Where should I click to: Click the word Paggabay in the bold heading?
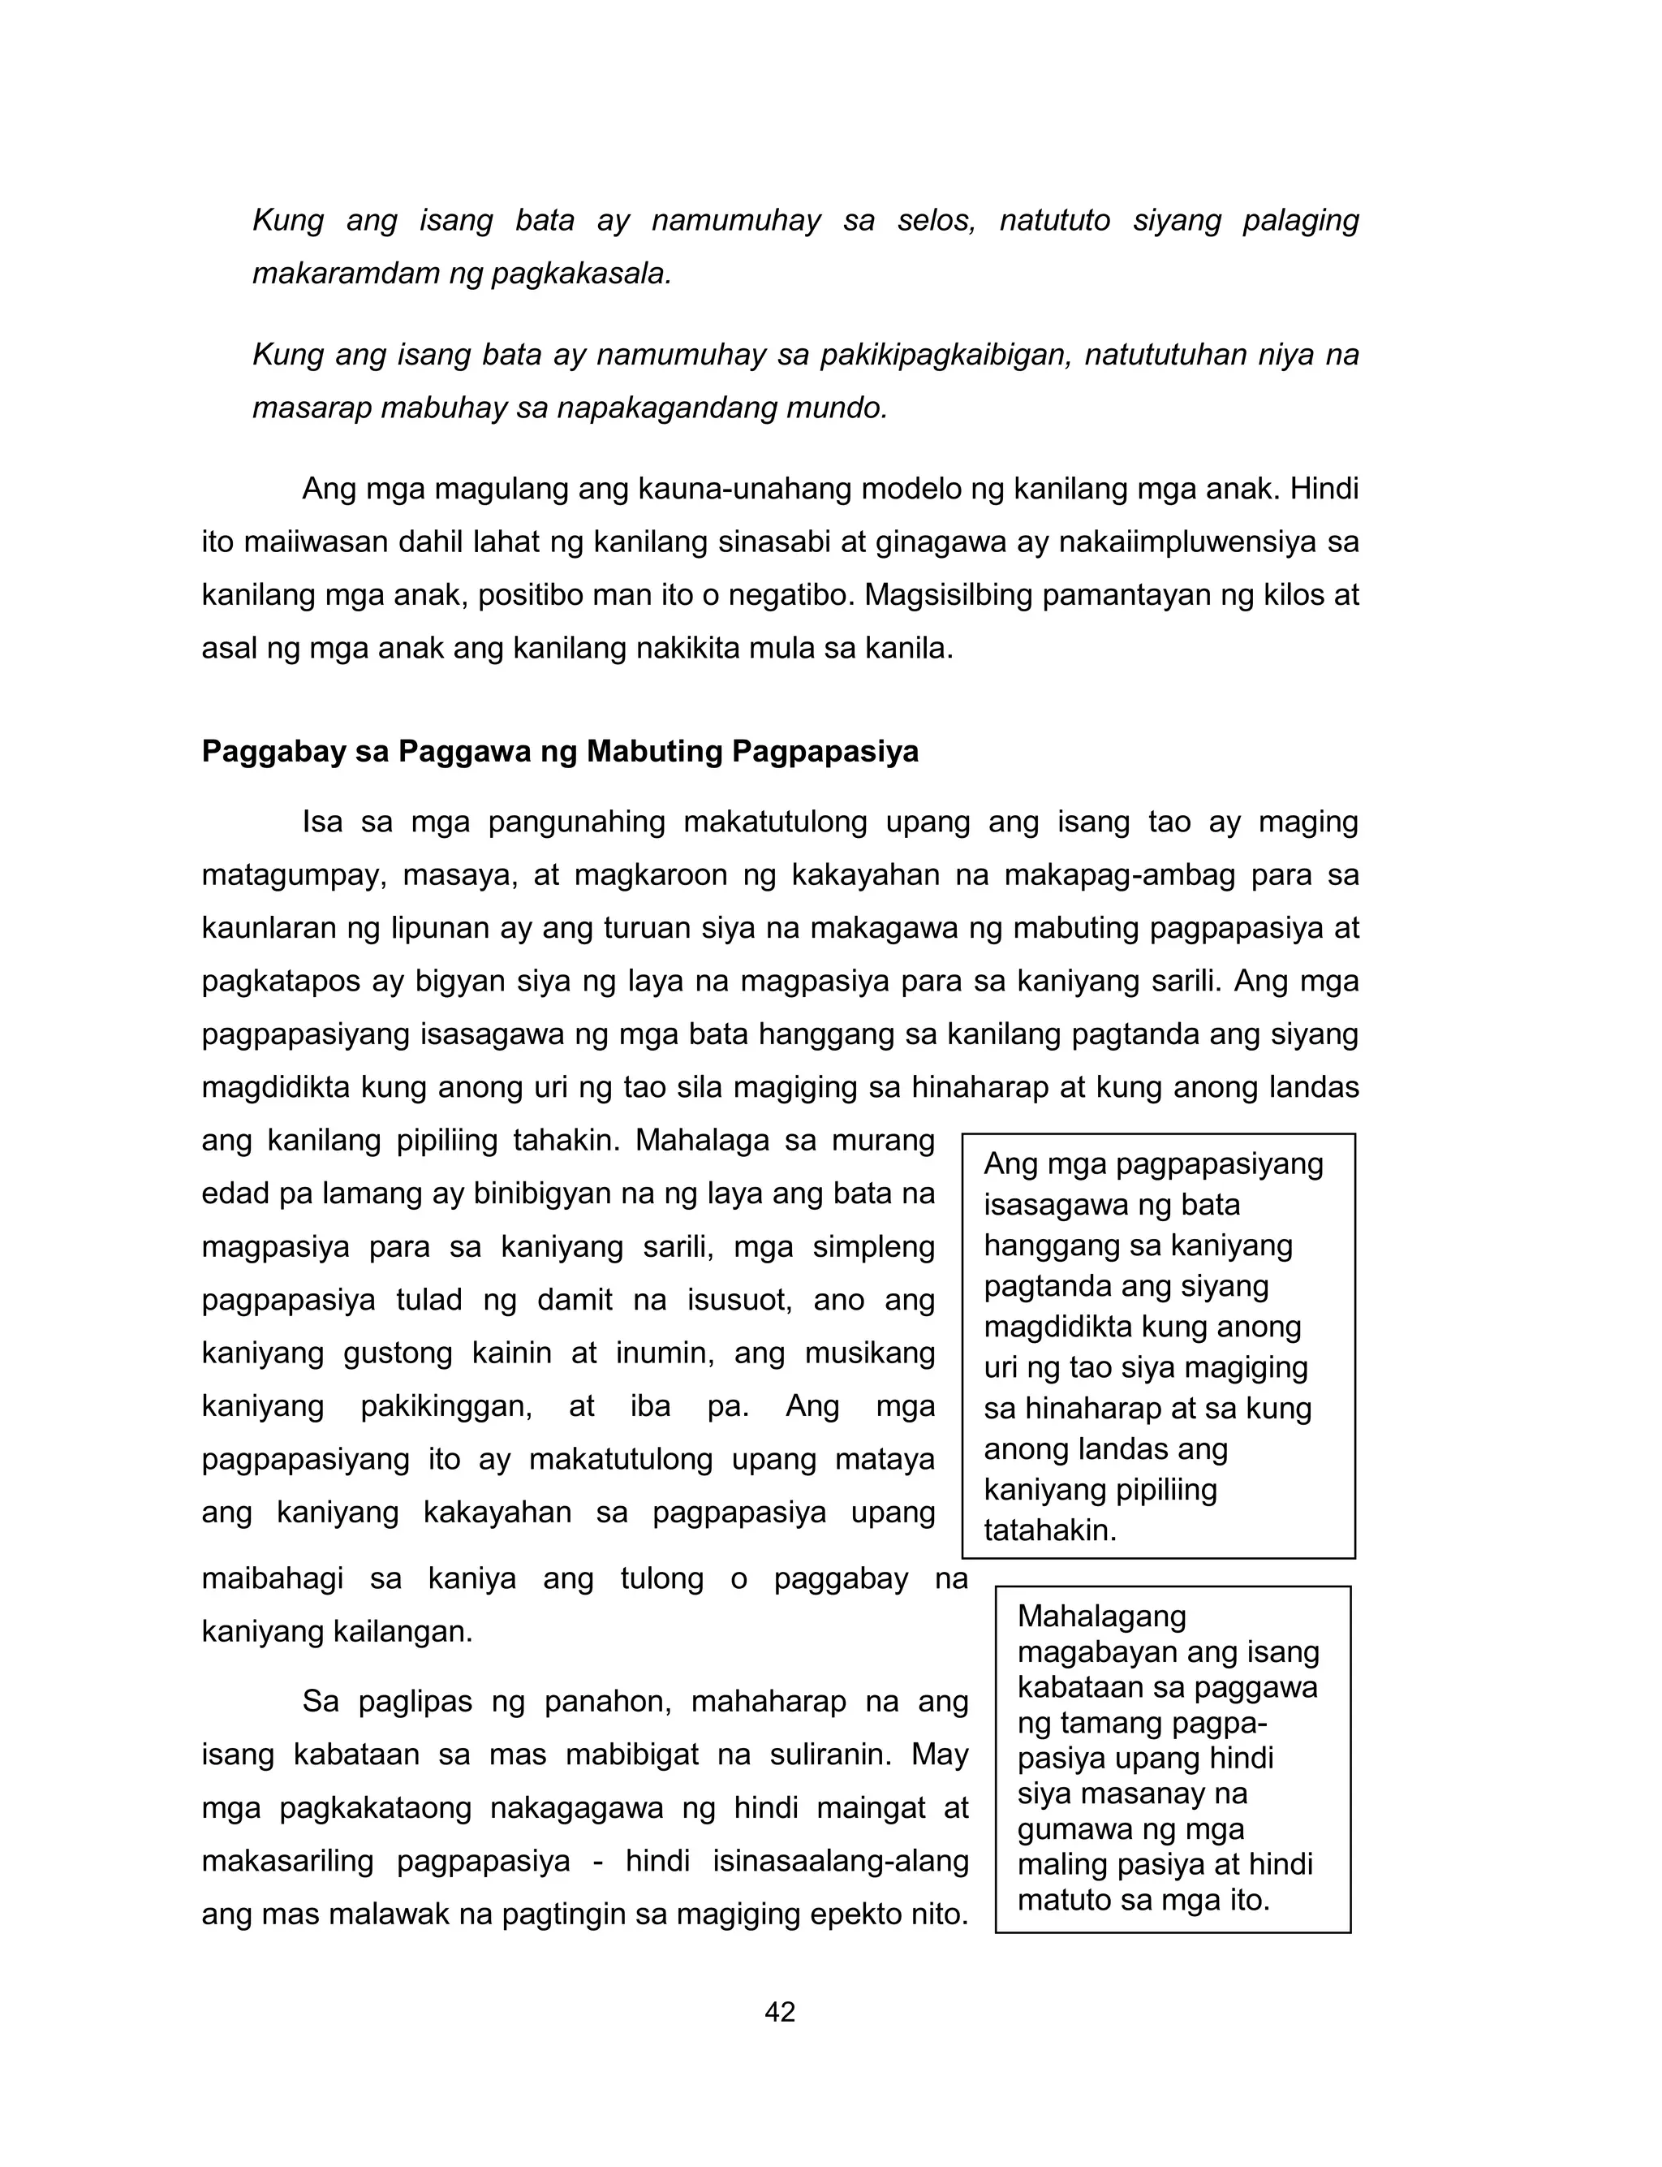coord(266,752)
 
